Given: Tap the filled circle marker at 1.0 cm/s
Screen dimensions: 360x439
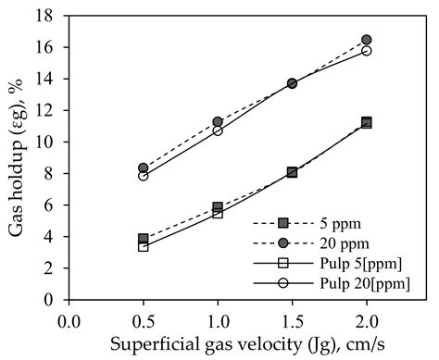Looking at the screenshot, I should pyautogui.click(x=218, y=121).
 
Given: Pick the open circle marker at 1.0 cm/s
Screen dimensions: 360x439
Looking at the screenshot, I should pyautogui.click(x=218, y=130).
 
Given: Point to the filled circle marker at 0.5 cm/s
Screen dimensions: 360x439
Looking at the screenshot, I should pyautogui.click(x=144, y=168).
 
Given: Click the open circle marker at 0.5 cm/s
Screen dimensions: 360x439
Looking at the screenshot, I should pyautogui.click(x=144, y=176).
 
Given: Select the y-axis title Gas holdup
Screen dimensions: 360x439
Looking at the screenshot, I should pyautogui.click(x=18, y=157).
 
